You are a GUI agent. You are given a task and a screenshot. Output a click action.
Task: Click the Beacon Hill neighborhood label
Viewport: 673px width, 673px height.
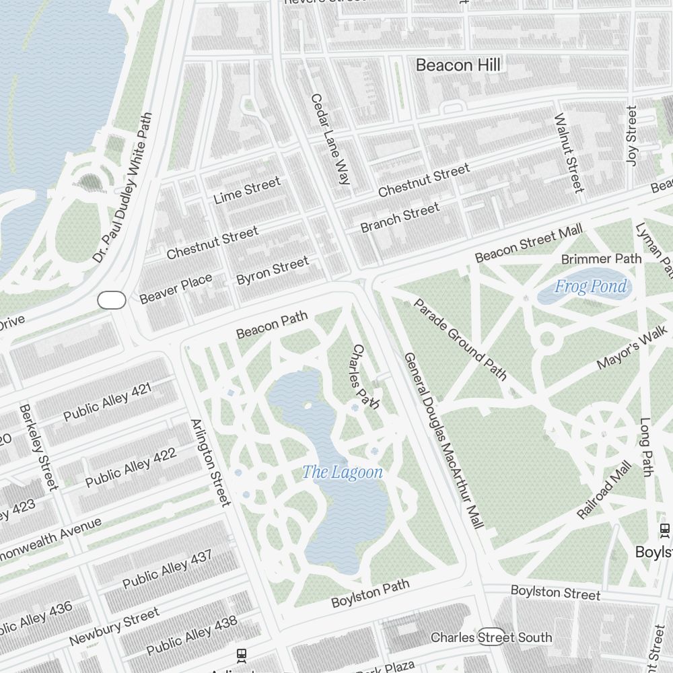458,65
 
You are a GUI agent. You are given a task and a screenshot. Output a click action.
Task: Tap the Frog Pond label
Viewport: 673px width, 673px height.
590,287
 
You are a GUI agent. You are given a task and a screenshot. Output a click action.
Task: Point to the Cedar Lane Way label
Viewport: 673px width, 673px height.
330,139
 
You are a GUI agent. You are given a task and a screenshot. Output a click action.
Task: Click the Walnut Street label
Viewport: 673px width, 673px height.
569,152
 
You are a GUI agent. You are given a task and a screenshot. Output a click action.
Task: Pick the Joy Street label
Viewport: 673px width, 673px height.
631,135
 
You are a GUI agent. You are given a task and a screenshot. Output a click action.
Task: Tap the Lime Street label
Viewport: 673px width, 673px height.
246,190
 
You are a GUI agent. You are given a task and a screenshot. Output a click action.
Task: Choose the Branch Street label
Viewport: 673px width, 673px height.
400,217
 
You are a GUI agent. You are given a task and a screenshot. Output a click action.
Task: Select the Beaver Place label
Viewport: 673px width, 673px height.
176,288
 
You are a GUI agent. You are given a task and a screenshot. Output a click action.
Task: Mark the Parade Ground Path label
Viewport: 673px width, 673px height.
460,339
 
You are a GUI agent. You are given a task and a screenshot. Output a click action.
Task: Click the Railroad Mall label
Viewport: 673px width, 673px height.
604,490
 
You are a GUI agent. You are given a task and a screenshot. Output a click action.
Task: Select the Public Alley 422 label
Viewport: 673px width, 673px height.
131,467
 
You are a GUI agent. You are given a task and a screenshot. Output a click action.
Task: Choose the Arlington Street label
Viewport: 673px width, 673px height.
210,462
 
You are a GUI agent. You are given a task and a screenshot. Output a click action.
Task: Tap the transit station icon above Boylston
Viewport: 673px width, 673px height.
665,530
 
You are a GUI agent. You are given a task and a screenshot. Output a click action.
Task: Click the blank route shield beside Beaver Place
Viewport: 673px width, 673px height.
112,300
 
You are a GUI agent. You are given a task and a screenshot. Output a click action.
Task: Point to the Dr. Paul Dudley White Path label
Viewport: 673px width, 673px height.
123,188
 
